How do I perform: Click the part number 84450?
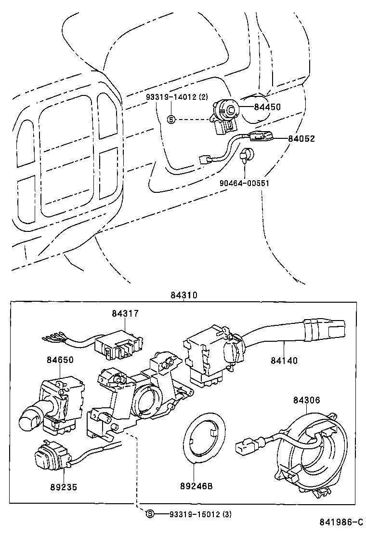(x=267, y=107)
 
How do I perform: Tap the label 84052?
(x=301, y=139)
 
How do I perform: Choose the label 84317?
(x=125, y=313)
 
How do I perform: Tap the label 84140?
(x=284, y=360)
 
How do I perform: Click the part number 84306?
(x=306, y=400)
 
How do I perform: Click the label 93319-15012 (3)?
(x=200, y=514)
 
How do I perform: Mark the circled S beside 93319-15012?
(x=150, y=514)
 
